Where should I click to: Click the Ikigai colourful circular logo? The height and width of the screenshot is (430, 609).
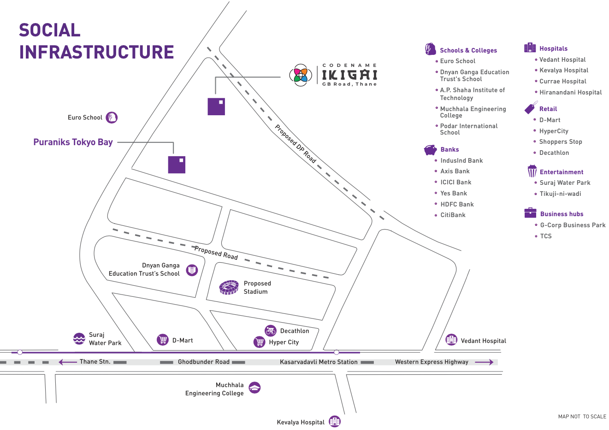tap(300, 75)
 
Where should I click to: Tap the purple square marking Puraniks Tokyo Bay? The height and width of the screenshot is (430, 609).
tap(177, 165)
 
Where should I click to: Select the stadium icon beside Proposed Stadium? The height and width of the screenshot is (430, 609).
tap(229, 288)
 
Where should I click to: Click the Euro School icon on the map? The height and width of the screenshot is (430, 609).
tap(112, 118)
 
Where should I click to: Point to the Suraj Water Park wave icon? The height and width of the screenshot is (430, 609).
tap(79, 339)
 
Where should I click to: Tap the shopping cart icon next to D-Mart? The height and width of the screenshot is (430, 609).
tap(163, 340)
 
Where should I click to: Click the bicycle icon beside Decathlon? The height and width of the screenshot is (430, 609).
tap(271, 330)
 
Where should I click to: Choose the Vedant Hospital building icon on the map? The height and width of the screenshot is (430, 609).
tap(451, 340)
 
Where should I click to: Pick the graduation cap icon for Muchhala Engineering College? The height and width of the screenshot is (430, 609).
tap(254, 388)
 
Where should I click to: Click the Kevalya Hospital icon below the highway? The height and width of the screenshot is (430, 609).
tap(335, 421)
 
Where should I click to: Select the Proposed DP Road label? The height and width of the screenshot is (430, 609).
tap(296, 144)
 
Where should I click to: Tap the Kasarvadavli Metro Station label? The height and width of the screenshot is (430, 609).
tap(319, 362)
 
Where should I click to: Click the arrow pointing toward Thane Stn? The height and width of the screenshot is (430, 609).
tap(68, 362)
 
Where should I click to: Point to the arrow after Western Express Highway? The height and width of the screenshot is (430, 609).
tap(484, 362)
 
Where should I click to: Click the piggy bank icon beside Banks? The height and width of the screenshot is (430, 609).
tap(431, 150)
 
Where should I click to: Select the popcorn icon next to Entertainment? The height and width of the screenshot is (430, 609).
tap(532, 171)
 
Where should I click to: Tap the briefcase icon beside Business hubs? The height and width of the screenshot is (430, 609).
tap(530, 213)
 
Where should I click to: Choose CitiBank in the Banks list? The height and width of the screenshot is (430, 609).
tap(453, 215)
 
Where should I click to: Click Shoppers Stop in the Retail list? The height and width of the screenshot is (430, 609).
tap(561, 142)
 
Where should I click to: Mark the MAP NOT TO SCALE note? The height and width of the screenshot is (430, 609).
tap(582, 417)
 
